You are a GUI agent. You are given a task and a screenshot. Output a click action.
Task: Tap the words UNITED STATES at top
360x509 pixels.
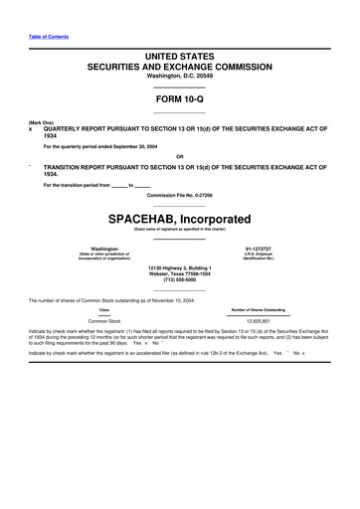(180, 59)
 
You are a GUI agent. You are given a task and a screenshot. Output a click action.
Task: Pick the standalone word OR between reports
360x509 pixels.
(179, 156)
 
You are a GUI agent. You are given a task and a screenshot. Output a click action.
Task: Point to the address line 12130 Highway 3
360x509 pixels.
(180, 267)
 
